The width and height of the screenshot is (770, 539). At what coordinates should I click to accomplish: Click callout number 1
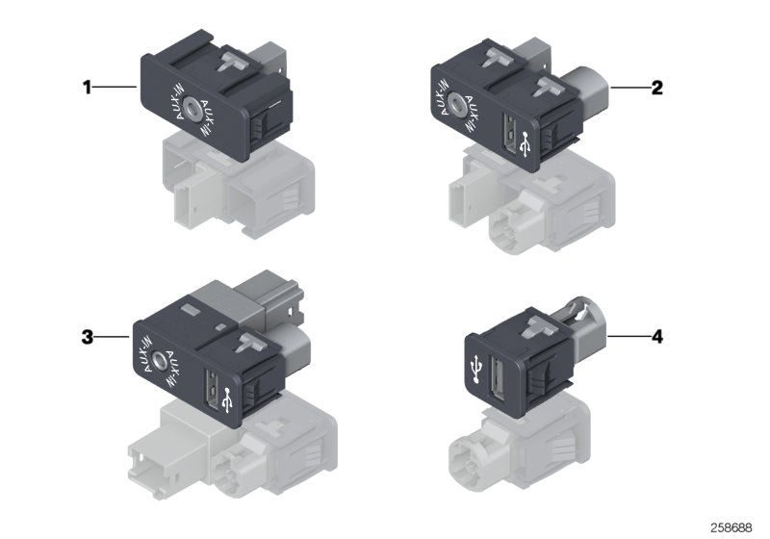point(86,88)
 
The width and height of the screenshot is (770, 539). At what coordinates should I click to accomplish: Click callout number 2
point(656,88)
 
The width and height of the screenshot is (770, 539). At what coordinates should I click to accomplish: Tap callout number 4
point(657,337)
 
